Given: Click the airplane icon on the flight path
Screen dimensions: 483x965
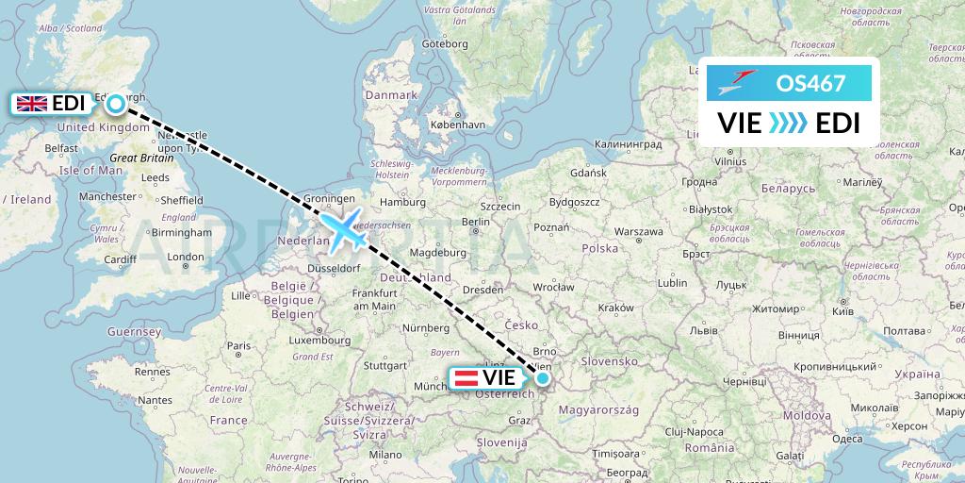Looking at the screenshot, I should [343, 229].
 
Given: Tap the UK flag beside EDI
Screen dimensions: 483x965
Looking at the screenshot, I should [32, 103].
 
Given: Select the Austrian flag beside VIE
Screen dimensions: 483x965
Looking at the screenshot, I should [466, 377].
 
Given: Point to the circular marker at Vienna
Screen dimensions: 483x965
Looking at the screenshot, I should [543, 377].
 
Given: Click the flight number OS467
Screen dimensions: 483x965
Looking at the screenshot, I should [810, 83].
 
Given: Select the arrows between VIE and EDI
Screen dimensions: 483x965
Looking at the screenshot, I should [788, 124].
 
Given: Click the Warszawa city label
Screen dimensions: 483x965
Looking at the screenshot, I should [638, 231].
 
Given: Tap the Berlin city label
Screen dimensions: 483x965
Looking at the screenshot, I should [475, 223].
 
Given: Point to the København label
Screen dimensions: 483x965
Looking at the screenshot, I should [457, 124].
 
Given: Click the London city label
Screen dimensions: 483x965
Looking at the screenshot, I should [187, 257].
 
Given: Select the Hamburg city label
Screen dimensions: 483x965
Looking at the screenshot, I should [404, 201].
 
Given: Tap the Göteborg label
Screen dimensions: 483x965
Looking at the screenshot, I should [446, 43].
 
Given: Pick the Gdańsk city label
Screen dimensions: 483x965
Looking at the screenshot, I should [588, 174].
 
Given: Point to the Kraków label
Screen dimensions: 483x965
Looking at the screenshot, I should [615, 308].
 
